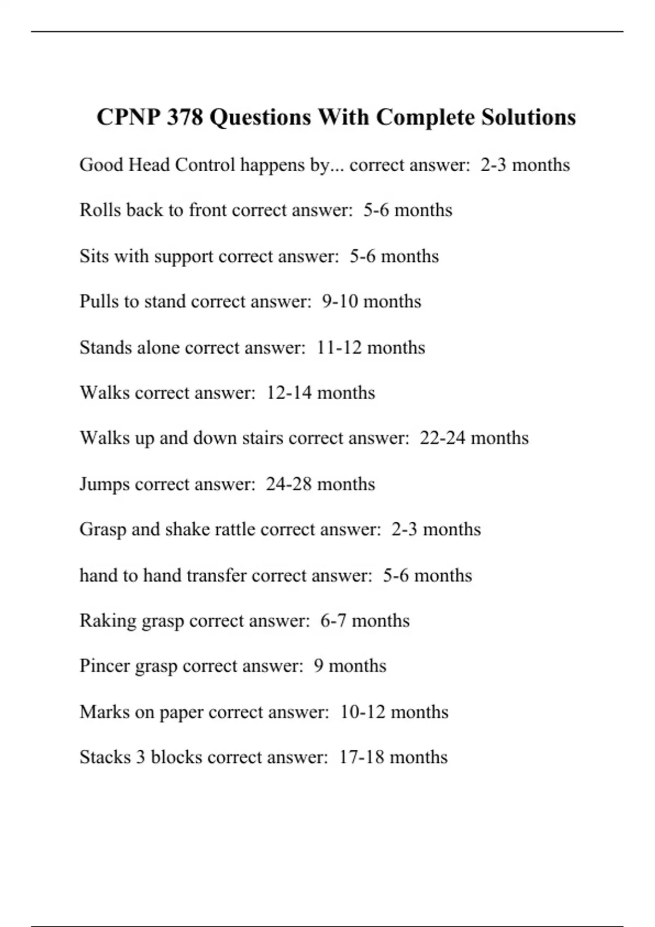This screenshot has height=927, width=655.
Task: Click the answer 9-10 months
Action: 372,302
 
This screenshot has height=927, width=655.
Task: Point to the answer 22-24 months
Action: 474,438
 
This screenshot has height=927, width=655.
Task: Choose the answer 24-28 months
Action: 320,484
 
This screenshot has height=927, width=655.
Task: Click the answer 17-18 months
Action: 394,757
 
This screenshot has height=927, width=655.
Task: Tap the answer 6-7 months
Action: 365,621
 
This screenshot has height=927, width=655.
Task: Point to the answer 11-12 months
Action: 371,348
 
